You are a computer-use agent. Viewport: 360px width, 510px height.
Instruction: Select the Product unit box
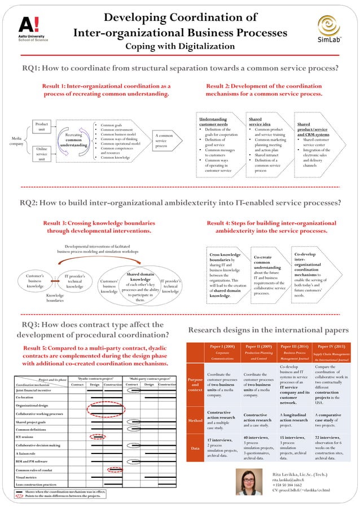42,127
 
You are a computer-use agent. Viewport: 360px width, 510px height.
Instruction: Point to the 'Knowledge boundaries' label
55,298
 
